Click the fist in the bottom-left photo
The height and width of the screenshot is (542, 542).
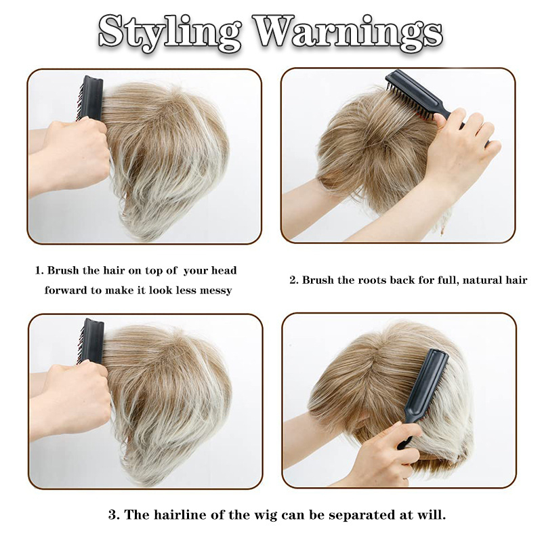(76, 396)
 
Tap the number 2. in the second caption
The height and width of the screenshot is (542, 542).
(294, 280)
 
